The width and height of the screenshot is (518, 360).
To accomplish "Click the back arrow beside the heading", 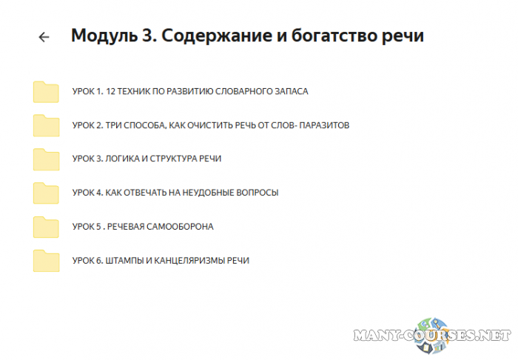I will (x=44, y=37).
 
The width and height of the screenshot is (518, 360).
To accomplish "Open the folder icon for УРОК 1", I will (x=46, y=92).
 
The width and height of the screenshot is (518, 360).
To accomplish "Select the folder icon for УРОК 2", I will (x=46, y=125).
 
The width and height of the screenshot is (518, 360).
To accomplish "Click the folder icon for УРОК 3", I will (x=46, y=159).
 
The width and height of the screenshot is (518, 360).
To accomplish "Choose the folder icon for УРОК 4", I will (x=46, y=193).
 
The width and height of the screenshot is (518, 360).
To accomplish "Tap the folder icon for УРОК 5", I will (x=46, y=227).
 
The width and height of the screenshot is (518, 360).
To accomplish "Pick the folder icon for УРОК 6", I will (x=46, y=261).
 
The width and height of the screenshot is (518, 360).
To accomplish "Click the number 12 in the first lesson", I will (x=112, y=92).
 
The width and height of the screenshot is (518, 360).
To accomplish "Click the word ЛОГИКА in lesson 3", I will (x=121, y=159).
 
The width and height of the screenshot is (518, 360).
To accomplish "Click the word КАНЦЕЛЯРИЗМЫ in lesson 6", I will (x=192, y=261).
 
